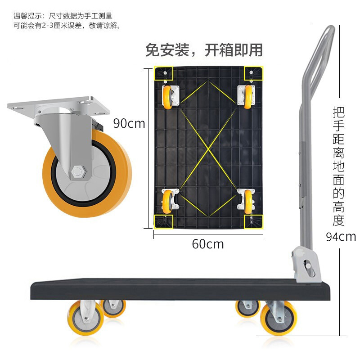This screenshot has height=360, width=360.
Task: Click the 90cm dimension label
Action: pos(129,123)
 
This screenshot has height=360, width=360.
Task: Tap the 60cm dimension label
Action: pos(208,244)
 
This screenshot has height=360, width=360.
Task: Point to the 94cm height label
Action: pos(341,237)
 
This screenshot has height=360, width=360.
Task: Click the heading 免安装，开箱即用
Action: pos(204,50)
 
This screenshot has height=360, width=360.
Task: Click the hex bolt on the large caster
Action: pos(79,172)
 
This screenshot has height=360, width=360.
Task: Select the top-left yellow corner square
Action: pos(163,73)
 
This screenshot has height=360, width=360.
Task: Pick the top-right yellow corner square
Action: pos(253,73)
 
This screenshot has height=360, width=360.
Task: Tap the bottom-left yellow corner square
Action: pos(163,222)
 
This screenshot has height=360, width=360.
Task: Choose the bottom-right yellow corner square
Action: pos(253,222)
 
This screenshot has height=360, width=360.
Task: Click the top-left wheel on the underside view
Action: pos(168,97)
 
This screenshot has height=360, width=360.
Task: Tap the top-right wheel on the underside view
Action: pos(248,97)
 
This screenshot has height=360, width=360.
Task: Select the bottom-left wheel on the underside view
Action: pos(167,202)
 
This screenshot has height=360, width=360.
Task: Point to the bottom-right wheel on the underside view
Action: pos(248,202)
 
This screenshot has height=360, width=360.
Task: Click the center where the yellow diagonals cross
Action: pos(208,149)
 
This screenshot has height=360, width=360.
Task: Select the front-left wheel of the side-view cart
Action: pos(86,318)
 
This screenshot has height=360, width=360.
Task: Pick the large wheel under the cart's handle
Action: pos(279,318)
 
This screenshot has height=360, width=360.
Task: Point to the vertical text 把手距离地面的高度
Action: pos(339,166)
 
